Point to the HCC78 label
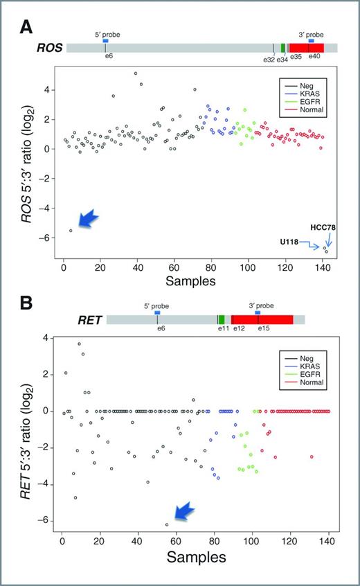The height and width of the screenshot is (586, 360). coord(324,227)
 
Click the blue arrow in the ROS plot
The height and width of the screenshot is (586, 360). coord(87,220)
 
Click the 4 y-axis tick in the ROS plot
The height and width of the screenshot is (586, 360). coord(46,89)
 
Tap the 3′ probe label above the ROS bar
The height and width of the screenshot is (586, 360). coord(311,33)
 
